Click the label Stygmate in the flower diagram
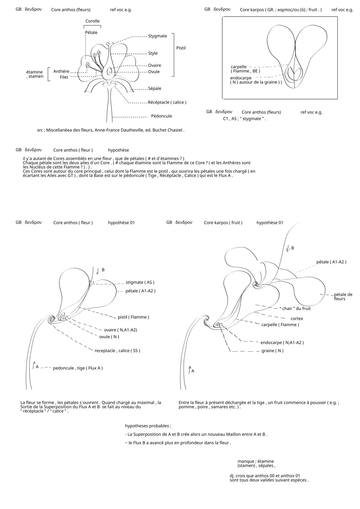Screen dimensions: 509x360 point(157,36)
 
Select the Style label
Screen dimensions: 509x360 point(153,53)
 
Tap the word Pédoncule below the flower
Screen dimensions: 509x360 point(161,116)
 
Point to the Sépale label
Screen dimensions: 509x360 point(154,88)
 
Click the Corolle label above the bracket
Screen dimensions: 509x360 point(92,21)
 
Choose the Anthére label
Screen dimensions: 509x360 point(61,71)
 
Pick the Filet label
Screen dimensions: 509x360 point(64,77)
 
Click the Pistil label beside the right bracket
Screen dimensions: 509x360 point(181,48)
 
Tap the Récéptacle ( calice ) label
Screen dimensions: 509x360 point(167,102)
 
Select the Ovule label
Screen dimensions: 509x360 point(154,72)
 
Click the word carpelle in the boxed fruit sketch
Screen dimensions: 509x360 point(238,67)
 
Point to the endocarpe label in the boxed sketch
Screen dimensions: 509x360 point(241,78)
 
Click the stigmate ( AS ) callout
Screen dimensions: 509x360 point(140,282)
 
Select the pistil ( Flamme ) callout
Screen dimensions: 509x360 point(133,317)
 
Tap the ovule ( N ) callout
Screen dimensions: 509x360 point(109,337)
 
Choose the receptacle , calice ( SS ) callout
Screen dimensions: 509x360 point(117,351)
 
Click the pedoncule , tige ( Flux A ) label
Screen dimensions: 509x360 point(78,368)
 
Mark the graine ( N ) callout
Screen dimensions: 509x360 point(272,351)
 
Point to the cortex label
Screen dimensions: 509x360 point(297,319)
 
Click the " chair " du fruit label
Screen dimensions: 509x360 point(295,308)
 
